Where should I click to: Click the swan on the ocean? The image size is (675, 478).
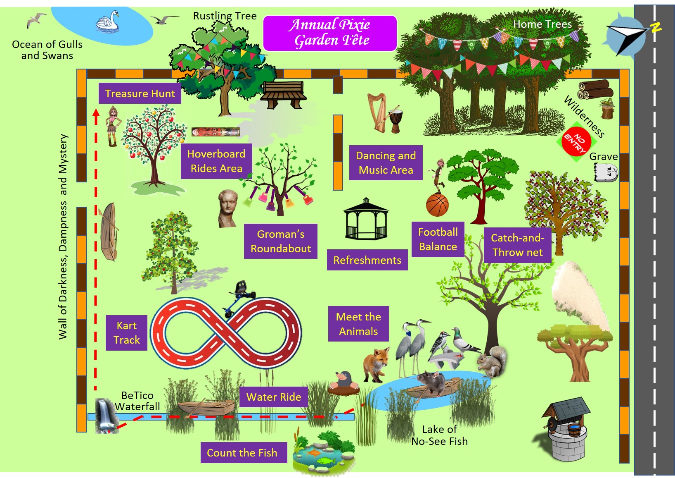point(108,21)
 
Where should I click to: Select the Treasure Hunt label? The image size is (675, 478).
point(140,93)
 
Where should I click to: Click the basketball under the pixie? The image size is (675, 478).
point(437,205)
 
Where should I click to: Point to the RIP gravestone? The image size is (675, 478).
point(606,172)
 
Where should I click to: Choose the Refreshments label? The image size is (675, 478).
point(367,260)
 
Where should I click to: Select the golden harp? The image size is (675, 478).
point(376,112)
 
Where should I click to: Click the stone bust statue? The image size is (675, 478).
point(227,208)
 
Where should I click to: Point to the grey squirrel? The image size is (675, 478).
point(493,361)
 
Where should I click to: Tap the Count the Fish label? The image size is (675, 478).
point(242,453)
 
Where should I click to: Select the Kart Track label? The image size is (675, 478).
point(126,333)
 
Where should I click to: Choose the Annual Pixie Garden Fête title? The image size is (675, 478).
point(330,33)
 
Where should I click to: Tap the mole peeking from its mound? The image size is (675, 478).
point(343,382)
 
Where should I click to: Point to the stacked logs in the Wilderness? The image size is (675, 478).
point(595,90)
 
